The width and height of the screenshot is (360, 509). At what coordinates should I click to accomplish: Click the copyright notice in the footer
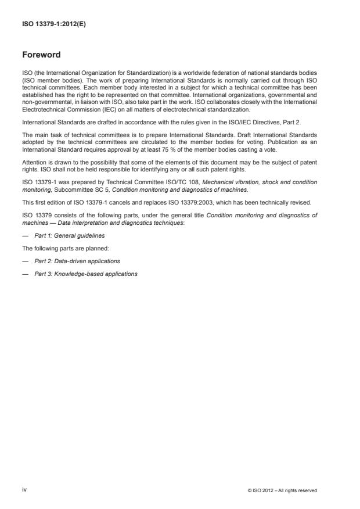click(x=282, y=490)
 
